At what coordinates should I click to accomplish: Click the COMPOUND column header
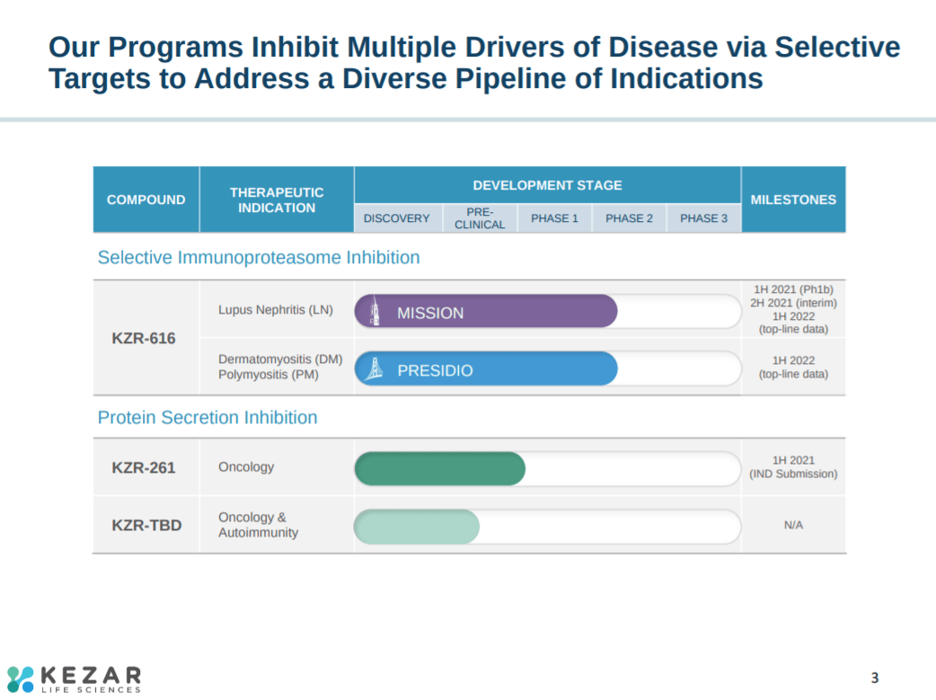pyautogui.click(x=146, y=199)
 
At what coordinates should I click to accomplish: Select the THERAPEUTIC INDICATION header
pyautogui.click(x=277, y=199)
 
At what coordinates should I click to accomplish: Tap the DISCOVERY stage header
pyautogui.click(x=396, y=218)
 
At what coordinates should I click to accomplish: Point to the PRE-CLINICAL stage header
pyautogui.click(x=480, y=218)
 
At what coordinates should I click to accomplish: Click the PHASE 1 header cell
pyautogui.click(x=554, y=218)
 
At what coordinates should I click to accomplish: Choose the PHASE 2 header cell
pyautogui.click(x=629, y=218)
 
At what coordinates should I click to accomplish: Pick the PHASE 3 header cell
pyautogui.click(x=703, y=218)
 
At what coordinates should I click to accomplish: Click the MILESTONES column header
pyautogui.click(x=793, y=199)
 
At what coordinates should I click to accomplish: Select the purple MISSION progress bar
pyautogui.click(x=486, y=312)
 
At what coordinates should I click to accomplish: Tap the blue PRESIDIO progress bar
pyautogui.click(x=486, y=369)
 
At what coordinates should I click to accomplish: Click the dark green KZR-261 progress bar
pyautogui.click(x=439, y=468)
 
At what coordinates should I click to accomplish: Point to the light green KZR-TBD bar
pyautogui.click(x=417, y=526)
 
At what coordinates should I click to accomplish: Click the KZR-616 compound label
pyautogui.click(x=144, y=339)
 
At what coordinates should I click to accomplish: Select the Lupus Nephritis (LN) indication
pyautogui.click(x=276, y=310)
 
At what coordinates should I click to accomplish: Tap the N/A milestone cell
pyautogui.click(x=793, y=525)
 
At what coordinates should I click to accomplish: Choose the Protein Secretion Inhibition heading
pyautogui.click(x=208, y=418)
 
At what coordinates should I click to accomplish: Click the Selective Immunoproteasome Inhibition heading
pyautogui.click(x=259, y=258)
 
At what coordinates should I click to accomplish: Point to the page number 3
pyautogui.click(x=875, y=678)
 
